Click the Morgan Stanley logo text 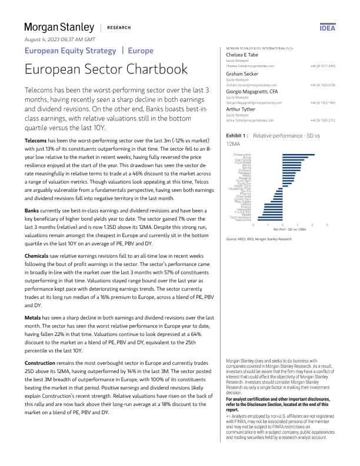click(x=59, y=28)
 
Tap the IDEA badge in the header click(x=327, y=28)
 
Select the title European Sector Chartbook click(x=106, y=69)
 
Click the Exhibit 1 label click(x=237, y=135)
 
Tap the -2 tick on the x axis click(x=253, y=225)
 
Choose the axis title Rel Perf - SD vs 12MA click(x=289, y=228)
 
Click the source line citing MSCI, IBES click(x=259, y=239)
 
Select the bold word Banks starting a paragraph click(x=32, y=210)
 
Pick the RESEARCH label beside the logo click(x=119, y=28)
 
